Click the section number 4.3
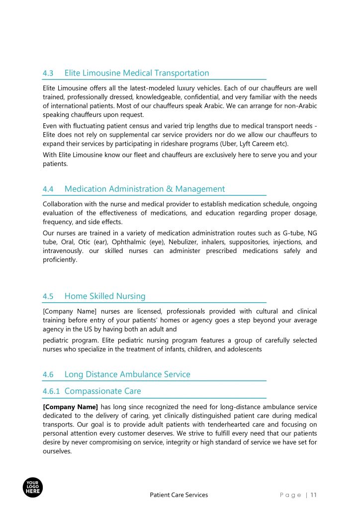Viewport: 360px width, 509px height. [x=48, y=73]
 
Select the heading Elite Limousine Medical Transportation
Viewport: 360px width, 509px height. [x=137, y=73]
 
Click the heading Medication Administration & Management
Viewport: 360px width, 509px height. [x=145, y=189]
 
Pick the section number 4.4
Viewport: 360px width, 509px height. [x=48, y=189]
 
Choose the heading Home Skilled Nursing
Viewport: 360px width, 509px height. [x=105, y=296]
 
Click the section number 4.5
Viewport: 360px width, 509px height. [x=48, y=296]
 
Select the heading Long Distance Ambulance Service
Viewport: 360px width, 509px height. [x=127, y=374]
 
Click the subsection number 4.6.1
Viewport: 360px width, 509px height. [x=51, y=391]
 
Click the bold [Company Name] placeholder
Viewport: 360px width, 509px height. [x=71, y=407]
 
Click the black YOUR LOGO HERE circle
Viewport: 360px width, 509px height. [x=33, y=487]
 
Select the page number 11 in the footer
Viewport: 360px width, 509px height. [x=314, y=495]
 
